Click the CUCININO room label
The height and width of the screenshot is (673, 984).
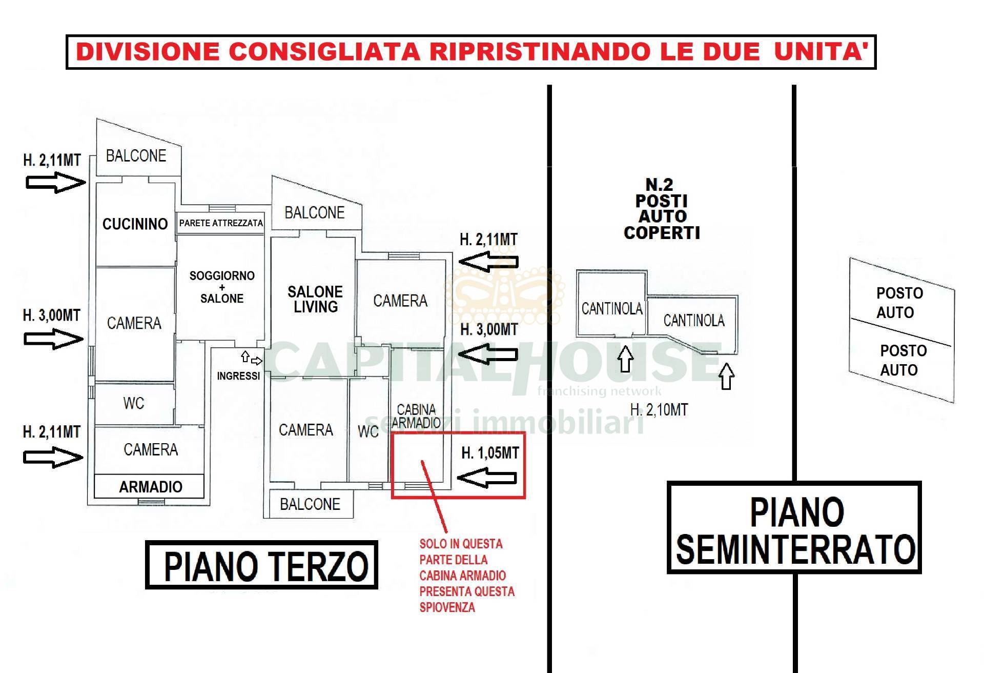[x=135, y=224]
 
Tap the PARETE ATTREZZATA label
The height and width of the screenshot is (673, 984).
[x=221, y=223]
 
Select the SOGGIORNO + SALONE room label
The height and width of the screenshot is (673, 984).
[x=222, y=287]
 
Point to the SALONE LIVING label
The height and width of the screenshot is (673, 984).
[x=315, y=300]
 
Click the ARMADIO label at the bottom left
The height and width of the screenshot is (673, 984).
[x=150, y=487]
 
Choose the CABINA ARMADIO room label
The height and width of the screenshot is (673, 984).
[x=416, y=416]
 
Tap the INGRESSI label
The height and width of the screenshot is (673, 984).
[x=238, y=376]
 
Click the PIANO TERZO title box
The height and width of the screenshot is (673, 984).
[x=262, y=565]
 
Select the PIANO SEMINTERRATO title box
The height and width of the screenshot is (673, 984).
[x=794, y=528]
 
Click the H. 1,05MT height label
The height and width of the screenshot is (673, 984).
[x=490, y=453]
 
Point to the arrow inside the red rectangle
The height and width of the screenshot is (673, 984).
[x=487, y=478]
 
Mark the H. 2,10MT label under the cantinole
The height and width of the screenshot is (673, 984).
[x=659, y=410]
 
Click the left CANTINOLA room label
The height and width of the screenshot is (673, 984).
[x=611, y=308]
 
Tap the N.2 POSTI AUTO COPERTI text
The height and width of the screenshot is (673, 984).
[x=661, y=209]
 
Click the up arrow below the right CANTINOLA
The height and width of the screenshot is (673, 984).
[x=726, y=377]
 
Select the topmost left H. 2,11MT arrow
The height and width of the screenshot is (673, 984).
[x=55, y=182]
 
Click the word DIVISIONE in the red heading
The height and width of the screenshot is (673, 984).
[x=149, y=52]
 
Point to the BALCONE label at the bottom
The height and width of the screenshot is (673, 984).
[x=310, y=504]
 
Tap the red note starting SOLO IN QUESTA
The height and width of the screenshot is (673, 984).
[x=466, y=576]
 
